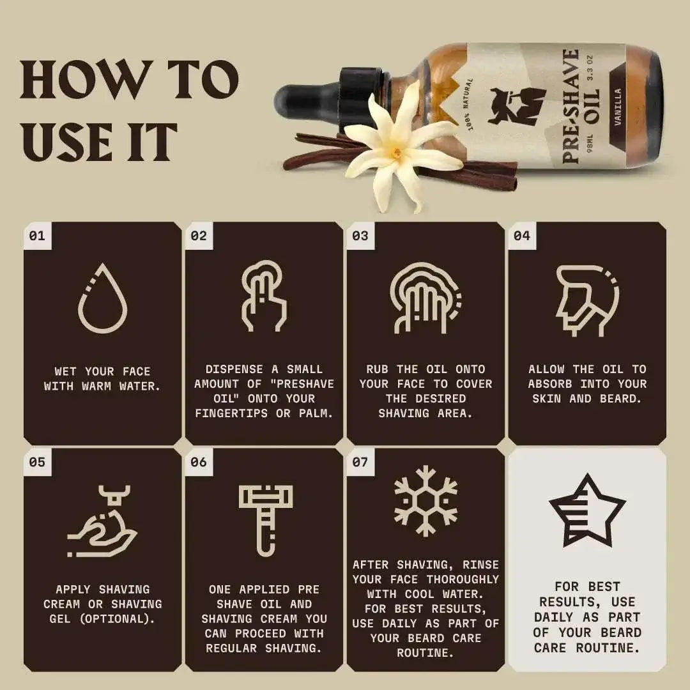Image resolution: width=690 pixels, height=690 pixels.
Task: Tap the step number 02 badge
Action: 199,236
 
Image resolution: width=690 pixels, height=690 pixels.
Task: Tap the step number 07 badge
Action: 360,461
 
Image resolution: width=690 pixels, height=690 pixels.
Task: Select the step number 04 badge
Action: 522,236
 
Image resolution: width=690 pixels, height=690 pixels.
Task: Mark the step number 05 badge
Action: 37,461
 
